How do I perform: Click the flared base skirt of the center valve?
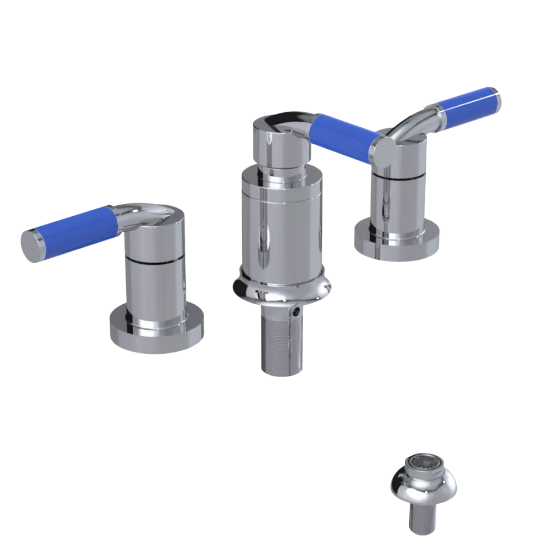point(282,290)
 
